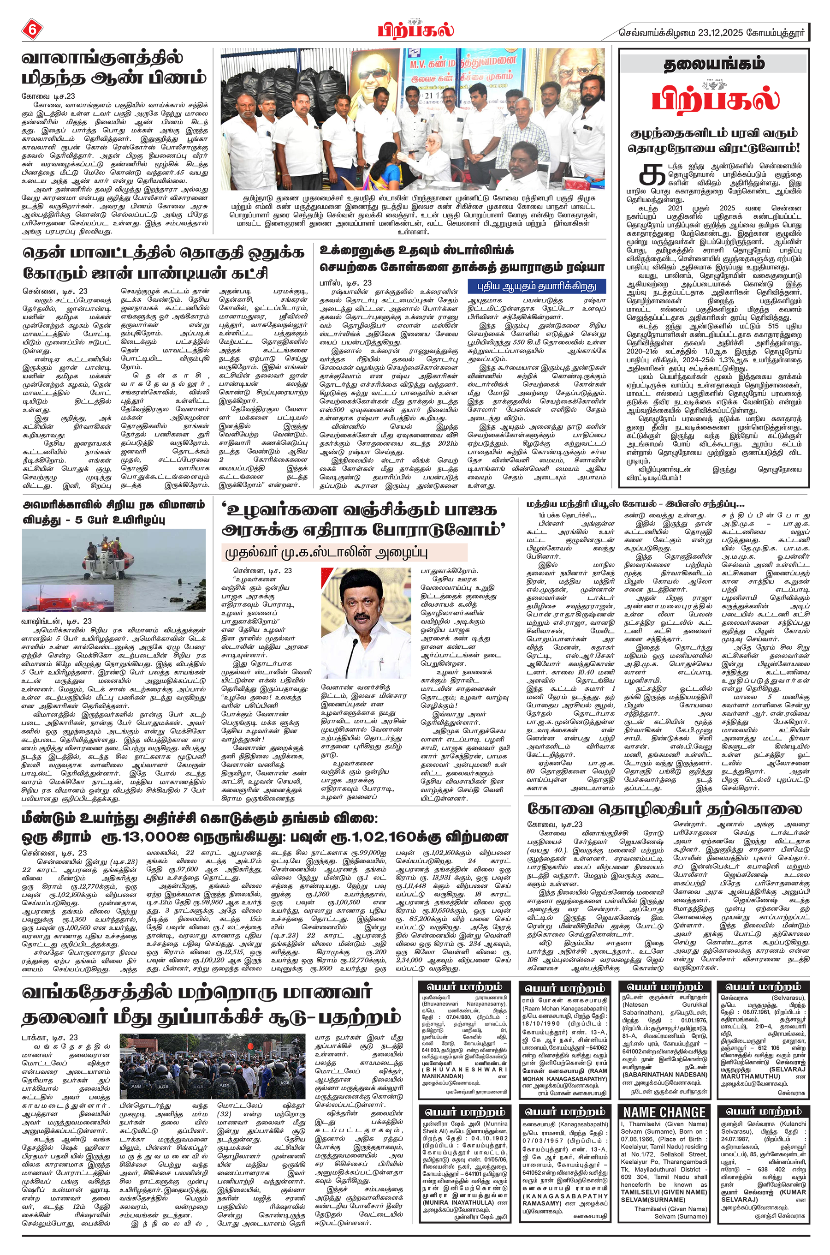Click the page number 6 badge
pos(31,31)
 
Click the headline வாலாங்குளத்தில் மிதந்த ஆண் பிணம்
pos(113,68)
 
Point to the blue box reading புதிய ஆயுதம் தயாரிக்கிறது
pos(536,286)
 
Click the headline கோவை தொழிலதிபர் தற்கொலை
pos(664,809)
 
